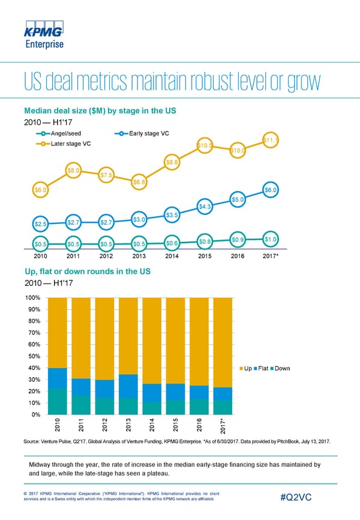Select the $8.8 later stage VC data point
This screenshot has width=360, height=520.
click(172, 162)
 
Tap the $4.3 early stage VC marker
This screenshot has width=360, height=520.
click(205, 207)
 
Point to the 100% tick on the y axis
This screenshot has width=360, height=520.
click(33, 298)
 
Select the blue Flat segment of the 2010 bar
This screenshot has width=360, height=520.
click(58, 378)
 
